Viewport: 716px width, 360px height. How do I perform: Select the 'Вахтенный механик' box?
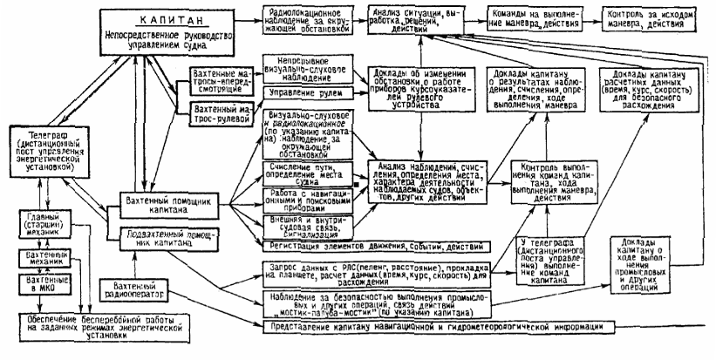pyautogui.click(x=45, y=255)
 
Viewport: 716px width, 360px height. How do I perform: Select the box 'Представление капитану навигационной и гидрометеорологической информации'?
pyautogui.click(x=436, y=326)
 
